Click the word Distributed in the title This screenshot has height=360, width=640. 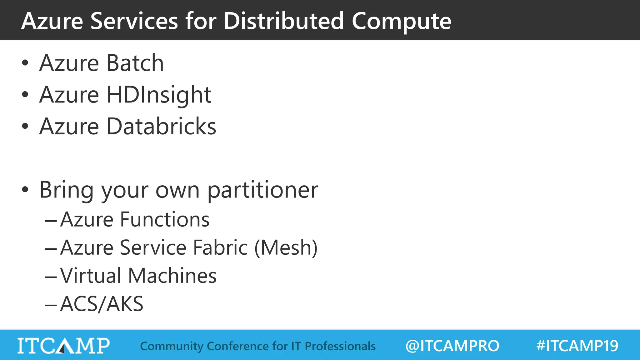(284, 21)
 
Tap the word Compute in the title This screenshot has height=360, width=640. (401, 21)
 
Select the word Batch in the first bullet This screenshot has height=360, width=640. (135, 63)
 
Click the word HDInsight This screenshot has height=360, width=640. (159, 95)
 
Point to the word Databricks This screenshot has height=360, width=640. (161, 126)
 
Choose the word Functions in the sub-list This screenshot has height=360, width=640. (165, 219)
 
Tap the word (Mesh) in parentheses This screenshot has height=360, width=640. (286, 247)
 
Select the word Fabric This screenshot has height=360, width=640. (221, 247)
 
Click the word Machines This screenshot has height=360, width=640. (172, 276)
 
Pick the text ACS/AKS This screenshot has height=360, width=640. (102, 304)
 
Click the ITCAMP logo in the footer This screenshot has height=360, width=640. (63, 346)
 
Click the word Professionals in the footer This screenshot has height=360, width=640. (340, 346)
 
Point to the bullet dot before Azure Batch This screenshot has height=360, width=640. (25, 63)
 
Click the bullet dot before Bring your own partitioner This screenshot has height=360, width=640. (25, 189)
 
